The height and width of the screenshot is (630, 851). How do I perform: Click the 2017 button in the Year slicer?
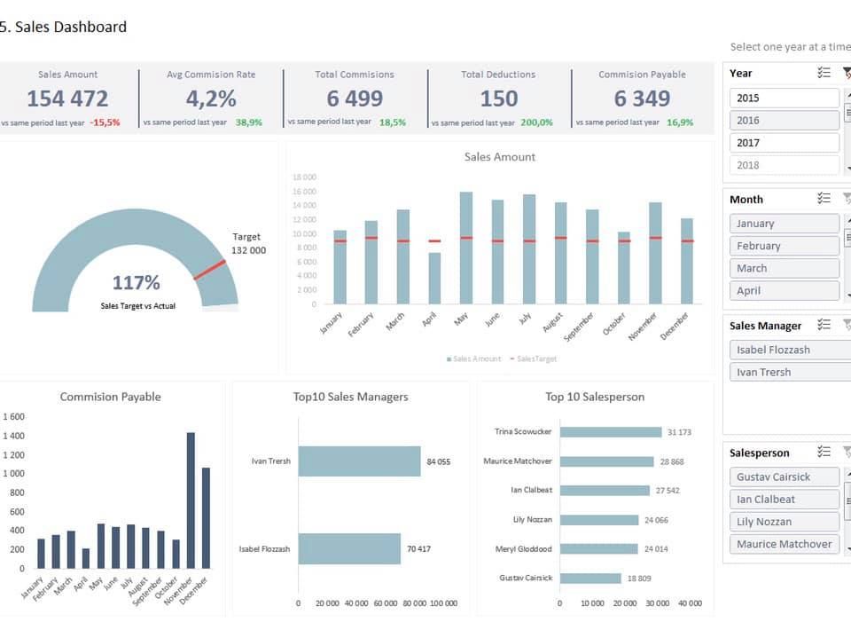(x=785, y=143)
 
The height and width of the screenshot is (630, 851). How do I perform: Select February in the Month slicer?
(x=785, y=246)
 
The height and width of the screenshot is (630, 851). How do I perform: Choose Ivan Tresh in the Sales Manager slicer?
(x=790, y=372)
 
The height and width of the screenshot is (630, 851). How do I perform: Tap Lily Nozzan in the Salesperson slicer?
(x=785, y=522)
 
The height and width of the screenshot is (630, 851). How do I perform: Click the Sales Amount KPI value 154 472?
(x=68, y=98)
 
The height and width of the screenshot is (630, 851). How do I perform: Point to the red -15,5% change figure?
(x=105, y=122)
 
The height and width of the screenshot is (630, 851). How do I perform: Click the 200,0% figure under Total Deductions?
(x=536, y=122)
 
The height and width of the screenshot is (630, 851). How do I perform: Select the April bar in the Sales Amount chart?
(x=434, y=278)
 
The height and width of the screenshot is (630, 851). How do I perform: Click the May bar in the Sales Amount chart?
(x=465, y=248)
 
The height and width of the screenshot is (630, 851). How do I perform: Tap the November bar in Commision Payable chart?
(x=191, y=500)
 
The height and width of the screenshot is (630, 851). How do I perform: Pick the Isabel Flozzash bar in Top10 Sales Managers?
(x=349, y=548)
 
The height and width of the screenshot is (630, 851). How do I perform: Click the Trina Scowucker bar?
(x=611, y=432)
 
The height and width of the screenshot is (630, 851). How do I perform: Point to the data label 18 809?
(x=639, y=579)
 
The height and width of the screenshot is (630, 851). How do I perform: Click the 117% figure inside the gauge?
(x=137, y=282)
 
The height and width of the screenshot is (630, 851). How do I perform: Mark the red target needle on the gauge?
(x=209, y=270)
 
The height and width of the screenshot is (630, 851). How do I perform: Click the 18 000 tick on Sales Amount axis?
(x=304, y=177)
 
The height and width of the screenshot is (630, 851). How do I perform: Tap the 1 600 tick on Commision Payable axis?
(x=13, y=416)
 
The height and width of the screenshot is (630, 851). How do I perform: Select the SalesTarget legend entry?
(x=533, y=359)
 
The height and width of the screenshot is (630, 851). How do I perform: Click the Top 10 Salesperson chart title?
(x=595, y=397)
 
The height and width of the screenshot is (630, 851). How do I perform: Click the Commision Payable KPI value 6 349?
(x=642, y=98)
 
